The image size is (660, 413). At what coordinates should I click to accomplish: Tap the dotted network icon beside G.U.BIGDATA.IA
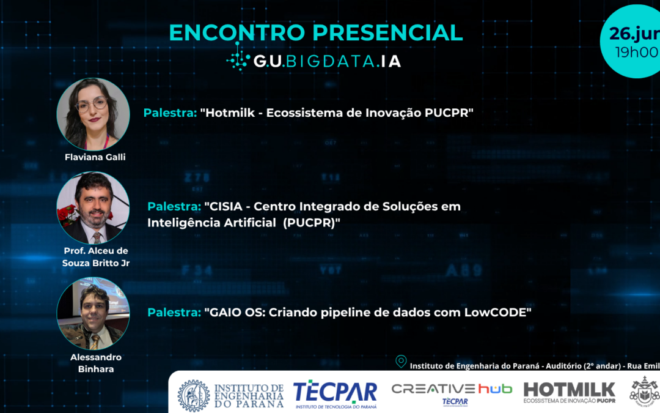pyautogui.click(x=238, y=60)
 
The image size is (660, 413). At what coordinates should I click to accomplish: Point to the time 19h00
pyautogui.click(x=636, y=52)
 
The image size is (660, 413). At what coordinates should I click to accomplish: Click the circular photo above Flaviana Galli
pyautogui.click(x=93, y=114)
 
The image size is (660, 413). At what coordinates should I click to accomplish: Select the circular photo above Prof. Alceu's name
pyautogui.click(x=93, y=207)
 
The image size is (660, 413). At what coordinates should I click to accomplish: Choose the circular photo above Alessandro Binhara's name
pyautogui.click(x=93, y=313)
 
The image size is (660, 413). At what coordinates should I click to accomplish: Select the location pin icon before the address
pyautogui.click(x=401, y=362)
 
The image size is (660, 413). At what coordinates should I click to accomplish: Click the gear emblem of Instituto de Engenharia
pyautogui.click(x=193, y=395)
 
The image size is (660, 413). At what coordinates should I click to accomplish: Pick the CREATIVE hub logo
pyautogui.click(x=451, y=392)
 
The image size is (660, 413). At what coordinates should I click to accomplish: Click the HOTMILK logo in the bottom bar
pyautogui.click(x=569, y=392)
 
